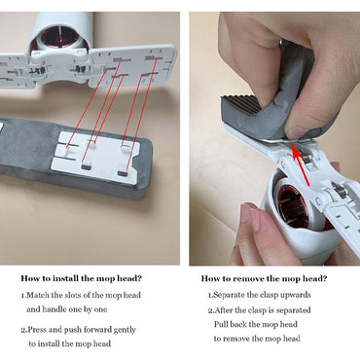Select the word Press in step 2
coord(42,329)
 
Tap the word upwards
coord(303,293)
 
